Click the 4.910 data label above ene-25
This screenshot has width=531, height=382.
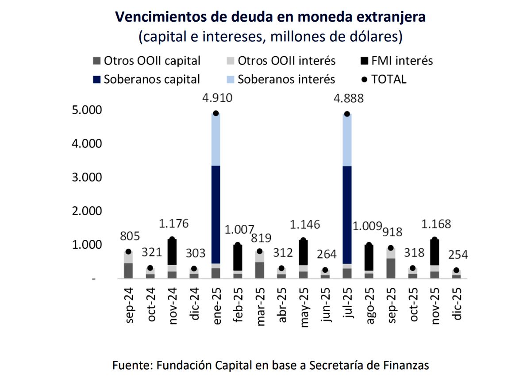click(216, 98)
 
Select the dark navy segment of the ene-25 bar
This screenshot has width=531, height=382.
click(216, 214)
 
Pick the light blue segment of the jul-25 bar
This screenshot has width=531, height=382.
click(347, 140)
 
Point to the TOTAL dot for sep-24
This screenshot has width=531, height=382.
click(129, 251)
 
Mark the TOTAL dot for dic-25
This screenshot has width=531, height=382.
click(456, 270)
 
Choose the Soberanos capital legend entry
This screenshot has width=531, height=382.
click(146, 80)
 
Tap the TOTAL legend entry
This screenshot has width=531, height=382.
click(384, 80)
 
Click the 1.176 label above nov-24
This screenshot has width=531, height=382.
click(173, 224)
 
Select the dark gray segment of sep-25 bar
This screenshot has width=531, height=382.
click(391, 268)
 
